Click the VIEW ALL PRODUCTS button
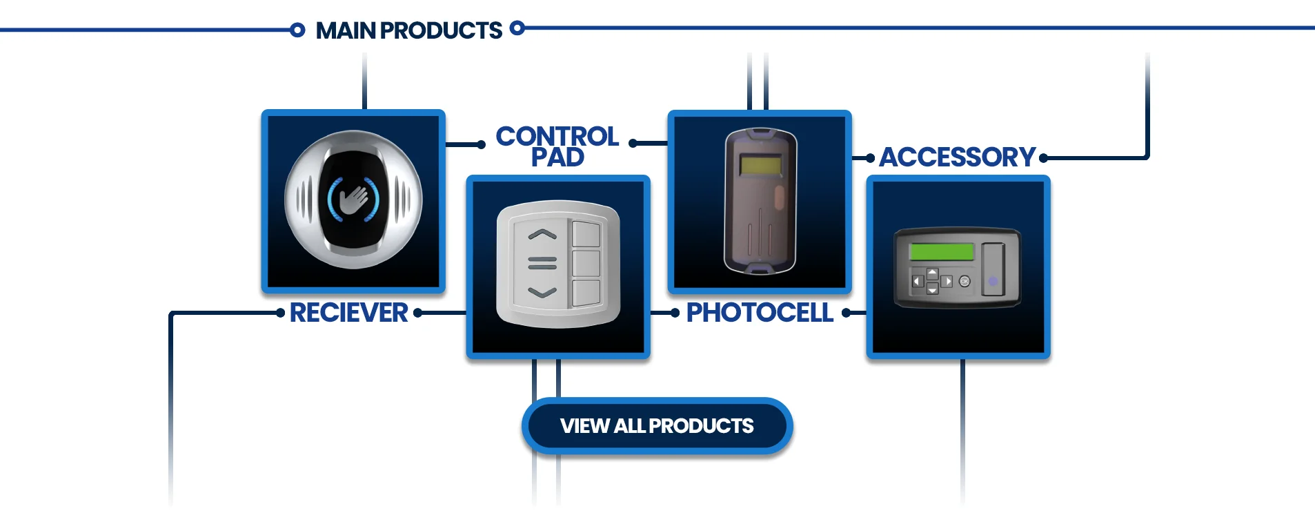tap(656, 426)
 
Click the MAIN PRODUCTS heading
tap(408, 30)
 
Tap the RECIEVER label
tap(348, 313)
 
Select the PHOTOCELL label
tap(759, 313)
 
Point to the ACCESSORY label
tap(957, 157)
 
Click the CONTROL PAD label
tap(557, 146)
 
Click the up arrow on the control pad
tap(542, 235)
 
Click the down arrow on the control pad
tap(542, 293)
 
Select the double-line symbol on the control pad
tap(542, 263)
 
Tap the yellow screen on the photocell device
tap(760, 165)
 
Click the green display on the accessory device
tap(941, 251)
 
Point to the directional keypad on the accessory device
tap(932, 281)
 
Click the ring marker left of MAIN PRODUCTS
tap(297, 30)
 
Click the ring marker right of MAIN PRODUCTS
tap(517, 28)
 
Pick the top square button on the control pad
tap(586, 234)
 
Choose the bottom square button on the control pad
tap(586, 293)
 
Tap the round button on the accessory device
tap(965, 281)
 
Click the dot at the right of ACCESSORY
tap(1043, 158)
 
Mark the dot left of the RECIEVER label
tap(280, 313)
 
